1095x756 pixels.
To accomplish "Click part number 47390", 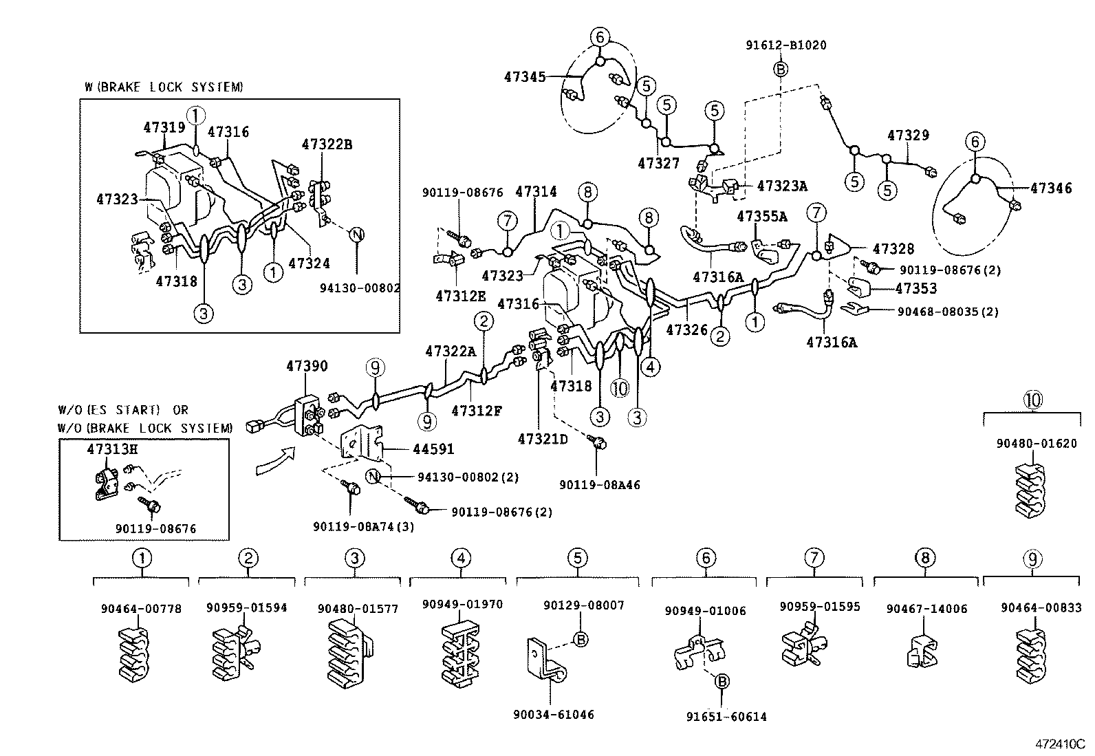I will tap(307, 367).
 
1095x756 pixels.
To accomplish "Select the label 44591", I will tap(433, 449).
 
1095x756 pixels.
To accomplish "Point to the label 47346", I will tap(1050, 188).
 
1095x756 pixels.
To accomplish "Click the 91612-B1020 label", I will tap(786, 45).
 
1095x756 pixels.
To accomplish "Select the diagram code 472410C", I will tap(1061, 744).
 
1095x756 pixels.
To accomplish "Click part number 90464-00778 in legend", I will tap(141, 609).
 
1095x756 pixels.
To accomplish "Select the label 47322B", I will tap(327, 144).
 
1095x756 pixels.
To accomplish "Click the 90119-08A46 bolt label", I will tap(599, 485).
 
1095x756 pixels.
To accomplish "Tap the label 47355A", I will tap(761, 216).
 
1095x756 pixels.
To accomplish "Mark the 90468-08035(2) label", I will tap(948, 312).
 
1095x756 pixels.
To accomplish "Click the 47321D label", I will tap(543, 438).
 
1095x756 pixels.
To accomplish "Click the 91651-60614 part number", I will tap(726, 717).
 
